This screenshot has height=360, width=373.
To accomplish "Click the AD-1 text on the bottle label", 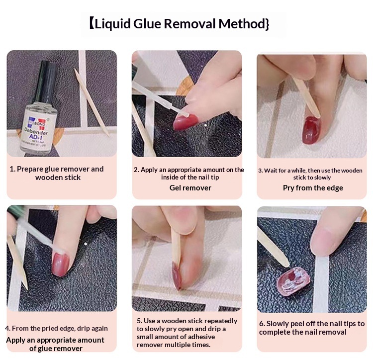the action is tap(35, 137).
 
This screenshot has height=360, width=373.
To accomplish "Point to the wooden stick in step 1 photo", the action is tap(92, 102).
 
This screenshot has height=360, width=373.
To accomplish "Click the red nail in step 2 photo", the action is tap(186, 122).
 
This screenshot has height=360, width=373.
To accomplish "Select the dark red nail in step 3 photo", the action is tap(311, 130).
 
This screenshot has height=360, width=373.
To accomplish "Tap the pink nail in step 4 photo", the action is tap(61, 264).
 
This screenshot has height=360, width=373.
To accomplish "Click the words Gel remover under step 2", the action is tap(190, 188).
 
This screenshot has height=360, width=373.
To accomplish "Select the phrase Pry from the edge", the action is tap(313, 188).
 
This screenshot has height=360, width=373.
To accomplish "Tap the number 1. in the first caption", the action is tap(12, 169).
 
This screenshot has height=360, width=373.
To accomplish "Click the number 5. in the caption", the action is tap(140, 321).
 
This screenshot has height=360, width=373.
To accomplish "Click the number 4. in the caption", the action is tap(7, 328).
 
